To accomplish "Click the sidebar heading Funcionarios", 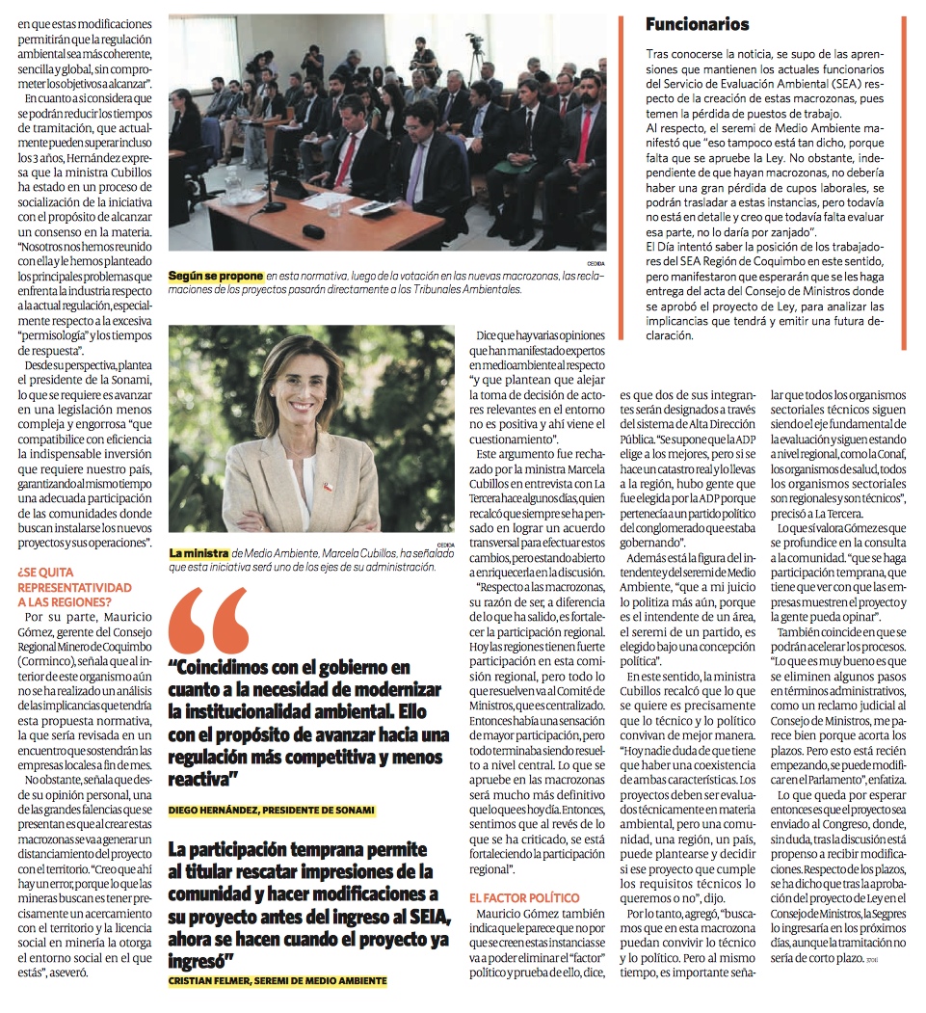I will (x=697, y=24).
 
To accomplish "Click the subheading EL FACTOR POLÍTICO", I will (x=524, y=897).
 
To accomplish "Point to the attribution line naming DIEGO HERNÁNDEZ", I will (x=271, y=810).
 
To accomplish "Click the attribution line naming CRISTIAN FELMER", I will (x=277, y=980).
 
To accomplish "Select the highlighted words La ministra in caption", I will (x=198, y=553).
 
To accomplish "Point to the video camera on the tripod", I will (x=474, y=43).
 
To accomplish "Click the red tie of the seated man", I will (x=346, y=158).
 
